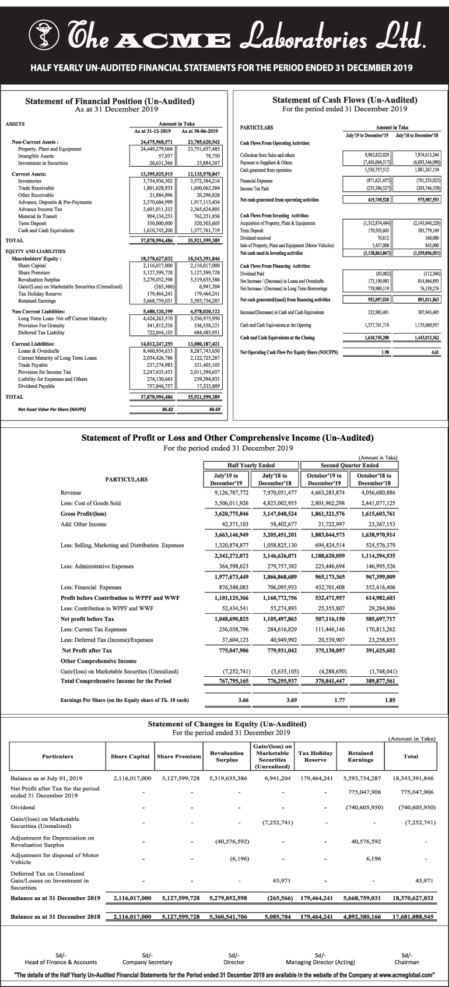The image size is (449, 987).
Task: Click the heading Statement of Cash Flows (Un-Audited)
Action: [345, 100]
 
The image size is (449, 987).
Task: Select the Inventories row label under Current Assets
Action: [30, 181]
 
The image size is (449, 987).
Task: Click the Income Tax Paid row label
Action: [254, 188]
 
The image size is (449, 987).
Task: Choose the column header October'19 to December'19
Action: [324, 479]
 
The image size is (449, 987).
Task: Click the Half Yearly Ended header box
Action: [251, 465]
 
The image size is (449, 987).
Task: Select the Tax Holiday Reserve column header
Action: [315, 756]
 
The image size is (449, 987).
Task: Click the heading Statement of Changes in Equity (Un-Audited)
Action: [227, 724]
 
